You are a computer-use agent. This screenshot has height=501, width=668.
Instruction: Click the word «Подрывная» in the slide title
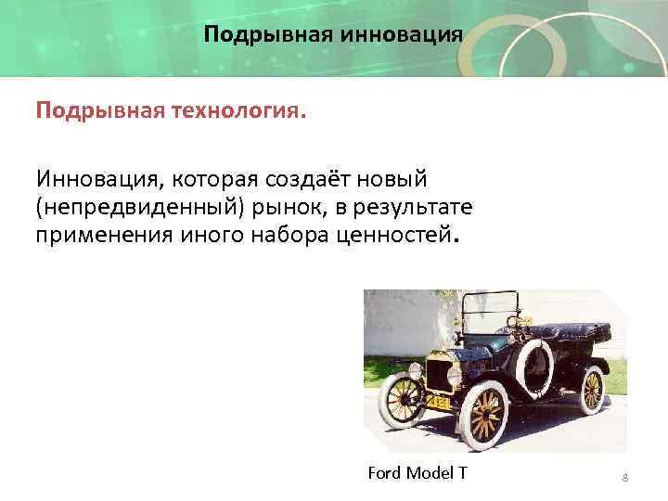click(x=267, y=35)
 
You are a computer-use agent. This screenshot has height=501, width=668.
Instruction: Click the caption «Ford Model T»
click(x=417, y=474)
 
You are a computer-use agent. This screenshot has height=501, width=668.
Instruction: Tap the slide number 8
click(x=625, y=478)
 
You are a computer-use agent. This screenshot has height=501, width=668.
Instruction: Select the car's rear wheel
click(x=592, y=389)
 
